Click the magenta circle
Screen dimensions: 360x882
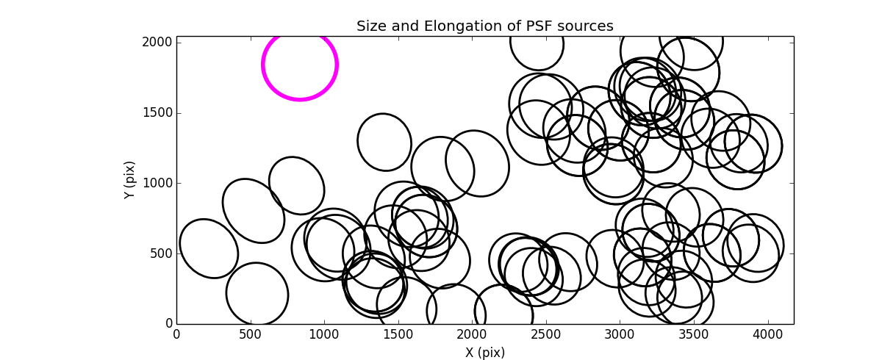point(300,65)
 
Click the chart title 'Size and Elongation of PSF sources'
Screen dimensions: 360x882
point(484,26)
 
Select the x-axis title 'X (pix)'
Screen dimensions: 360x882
point(484,353)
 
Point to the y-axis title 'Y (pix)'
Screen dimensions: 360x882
point(129,180)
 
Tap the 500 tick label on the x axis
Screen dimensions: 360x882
point(251,334)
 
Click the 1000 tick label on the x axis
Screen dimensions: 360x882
point(324,334)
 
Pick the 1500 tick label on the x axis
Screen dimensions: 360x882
point(398,334)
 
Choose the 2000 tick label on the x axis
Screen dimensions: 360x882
point(472,334)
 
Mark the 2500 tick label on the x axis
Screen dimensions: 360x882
point(546,334)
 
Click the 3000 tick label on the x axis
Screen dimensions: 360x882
point(620,334)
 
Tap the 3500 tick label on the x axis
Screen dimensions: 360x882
point(694,334)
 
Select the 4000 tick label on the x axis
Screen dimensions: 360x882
point(767,334)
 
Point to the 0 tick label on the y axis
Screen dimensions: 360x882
point(168,324)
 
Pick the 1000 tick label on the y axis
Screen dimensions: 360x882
point(158,183)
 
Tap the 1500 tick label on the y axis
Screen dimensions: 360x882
point(158,113)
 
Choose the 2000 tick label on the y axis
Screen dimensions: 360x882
point(158,43)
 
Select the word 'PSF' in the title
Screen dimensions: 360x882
point(532,26)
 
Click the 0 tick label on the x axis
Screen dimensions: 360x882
point(176,334)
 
